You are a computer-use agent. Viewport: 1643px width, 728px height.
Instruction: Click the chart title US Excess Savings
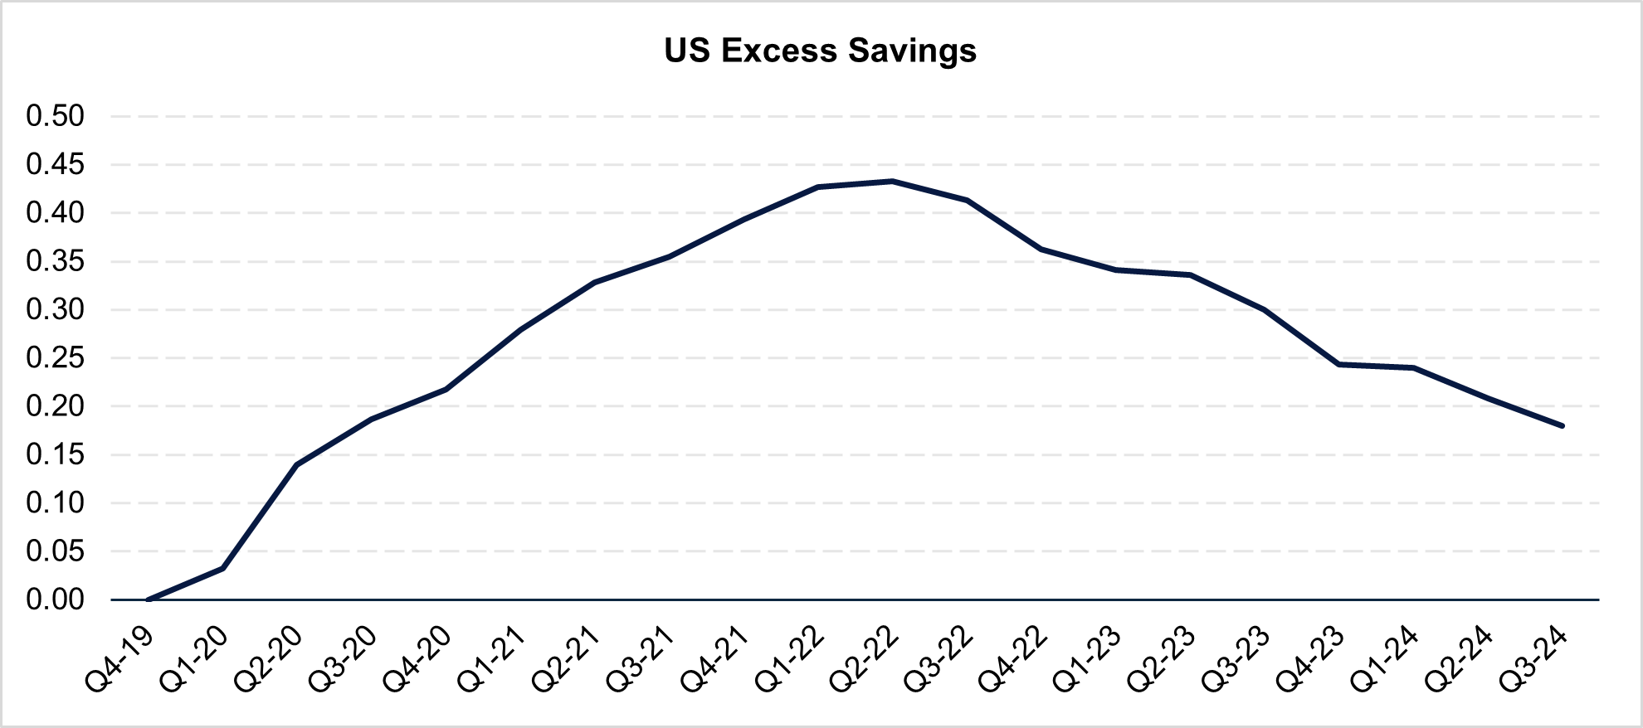[820, 51]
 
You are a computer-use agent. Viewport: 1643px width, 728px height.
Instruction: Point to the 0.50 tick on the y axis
[56, 116]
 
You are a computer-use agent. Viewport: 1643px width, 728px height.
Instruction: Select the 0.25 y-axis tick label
[56, 358]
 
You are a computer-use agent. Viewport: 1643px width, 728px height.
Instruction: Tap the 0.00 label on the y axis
[56, 599]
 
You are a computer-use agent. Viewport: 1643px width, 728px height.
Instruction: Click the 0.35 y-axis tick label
[56, 261]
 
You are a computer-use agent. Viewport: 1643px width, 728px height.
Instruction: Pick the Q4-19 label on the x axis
[121, 659]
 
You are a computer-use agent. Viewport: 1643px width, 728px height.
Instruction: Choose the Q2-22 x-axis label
[865, 659]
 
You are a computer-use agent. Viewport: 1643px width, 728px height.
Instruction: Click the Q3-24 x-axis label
[1535, 659]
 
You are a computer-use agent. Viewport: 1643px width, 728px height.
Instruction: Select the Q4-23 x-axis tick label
[1312, 659]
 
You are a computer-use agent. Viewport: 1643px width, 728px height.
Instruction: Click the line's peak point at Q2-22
[892, 181]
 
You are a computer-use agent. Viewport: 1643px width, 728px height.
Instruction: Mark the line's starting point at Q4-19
[148, 599]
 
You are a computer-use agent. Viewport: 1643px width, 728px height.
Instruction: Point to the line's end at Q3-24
[1563, 426]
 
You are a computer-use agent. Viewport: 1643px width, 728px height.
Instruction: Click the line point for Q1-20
[222, 568]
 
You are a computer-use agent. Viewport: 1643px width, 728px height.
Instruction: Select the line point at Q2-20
[296, 464]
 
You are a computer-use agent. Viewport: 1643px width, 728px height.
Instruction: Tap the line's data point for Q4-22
[1041, 249]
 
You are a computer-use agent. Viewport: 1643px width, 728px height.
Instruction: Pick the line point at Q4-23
[1338, 364]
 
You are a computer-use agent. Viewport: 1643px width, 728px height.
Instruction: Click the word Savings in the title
[912, 51]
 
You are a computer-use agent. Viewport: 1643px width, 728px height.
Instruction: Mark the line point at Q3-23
[1264, 309]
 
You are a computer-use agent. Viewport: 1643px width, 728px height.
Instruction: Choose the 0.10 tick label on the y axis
[56, 503]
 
